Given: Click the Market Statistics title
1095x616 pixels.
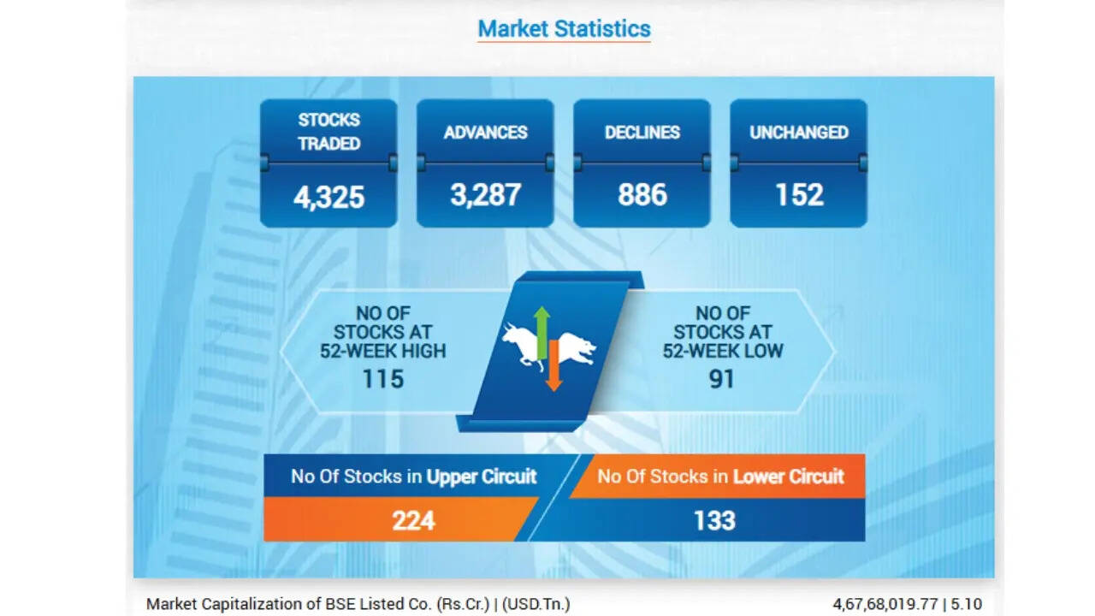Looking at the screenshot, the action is (564, 28).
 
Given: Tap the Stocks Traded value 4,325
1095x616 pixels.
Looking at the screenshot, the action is (329, 198).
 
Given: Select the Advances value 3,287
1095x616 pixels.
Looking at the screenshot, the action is (485, 195).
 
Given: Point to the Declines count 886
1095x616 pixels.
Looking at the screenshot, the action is (642, 194).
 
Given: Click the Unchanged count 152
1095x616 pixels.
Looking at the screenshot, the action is (799, 194).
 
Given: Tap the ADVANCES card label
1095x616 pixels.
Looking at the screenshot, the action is (485, 133).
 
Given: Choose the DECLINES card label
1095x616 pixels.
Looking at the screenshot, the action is (642, 133).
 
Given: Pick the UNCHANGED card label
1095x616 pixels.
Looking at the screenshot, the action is (799, 133).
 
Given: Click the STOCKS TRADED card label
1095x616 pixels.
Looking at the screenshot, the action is (329, 132).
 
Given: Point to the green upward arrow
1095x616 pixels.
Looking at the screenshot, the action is (542, 334).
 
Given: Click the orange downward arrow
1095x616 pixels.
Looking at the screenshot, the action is (553, 365).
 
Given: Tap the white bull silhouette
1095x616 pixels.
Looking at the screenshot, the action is (520, 345).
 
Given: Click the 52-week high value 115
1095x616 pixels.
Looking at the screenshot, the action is (382, 379).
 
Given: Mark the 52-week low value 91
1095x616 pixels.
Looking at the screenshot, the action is (721, 379).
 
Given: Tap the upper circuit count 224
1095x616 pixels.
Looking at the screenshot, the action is (413, 521).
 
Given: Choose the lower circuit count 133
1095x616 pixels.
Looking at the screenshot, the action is (714, 521).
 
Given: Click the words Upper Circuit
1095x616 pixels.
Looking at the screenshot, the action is (482, 477).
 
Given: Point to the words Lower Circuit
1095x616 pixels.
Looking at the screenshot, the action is (789, 477).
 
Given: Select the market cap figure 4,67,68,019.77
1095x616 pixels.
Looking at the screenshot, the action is (885, 604).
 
